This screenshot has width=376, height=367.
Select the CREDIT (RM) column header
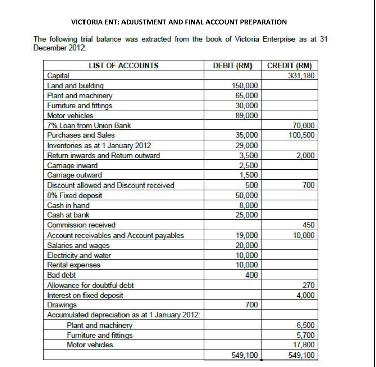pyautogui.click(x=289, y=65)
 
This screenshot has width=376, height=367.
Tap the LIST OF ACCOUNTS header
pyautogui.click(x=123, y=65)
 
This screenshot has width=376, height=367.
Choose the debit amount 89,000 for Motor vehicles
pyautogui.click(x=247, y=115)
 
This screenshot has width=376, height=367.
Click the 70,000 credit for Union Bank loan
pyautogui.click(x=303, y=125)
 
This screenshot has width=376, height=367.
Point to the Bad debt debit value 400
pyautogui.click(x=252, y=275)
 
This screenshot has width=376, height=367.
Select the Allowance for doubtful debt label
pyautogui.click(x=90, y=285)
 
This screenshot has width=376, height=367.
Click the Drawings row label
pyautogui.click(x=60, y=305)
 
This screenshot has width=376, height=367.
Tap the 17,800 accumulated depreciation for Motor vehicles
pyautogui.click(x=303, y=345)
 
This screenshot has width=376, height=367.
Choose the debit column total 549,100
pyautogui.click(x=245, y=355)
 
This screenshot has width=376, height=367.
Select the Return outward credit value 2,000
pyautogui.click(x=305, y=155)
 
